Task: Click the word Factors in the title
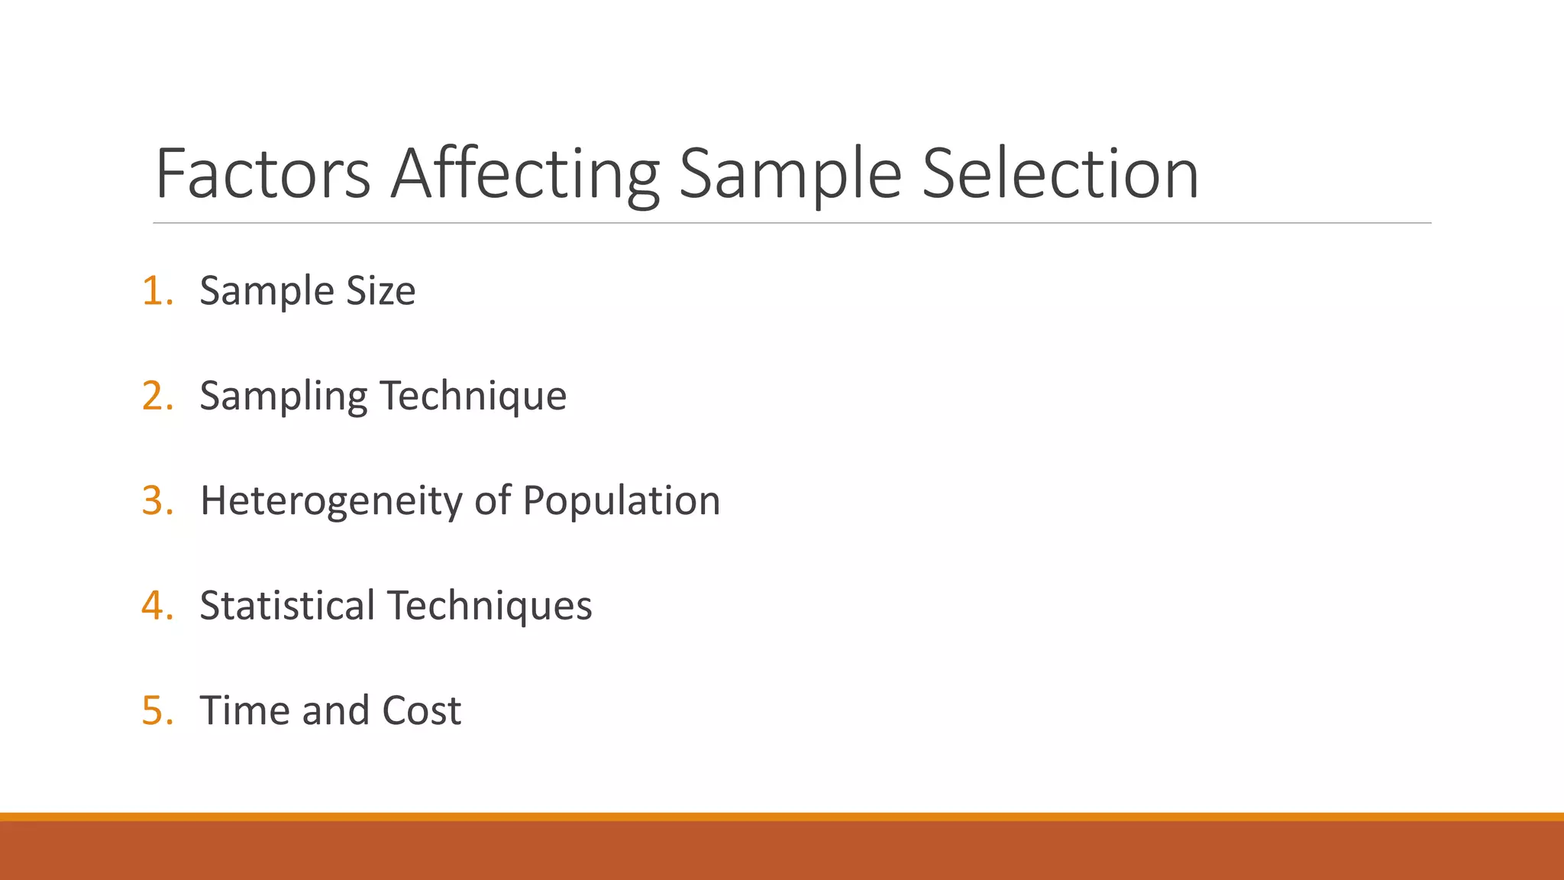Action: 263,174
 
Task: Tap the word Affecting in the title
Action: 525,174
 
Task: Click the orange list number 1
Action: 157,291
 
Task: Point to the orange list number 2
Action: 157,396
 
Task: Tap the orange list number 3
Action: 157,501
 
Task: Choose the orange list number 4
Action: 157,606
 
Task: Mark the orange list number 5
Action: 157,710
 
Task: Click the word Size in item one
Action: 381,291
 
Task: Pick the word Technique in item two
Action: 473,396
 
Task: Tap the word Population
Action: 621,502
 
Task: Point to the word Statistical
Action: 287,606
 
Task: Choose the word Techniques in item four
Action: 490,606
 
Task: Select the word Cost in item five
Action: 422,710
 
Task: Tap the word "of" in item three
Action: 493,501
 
